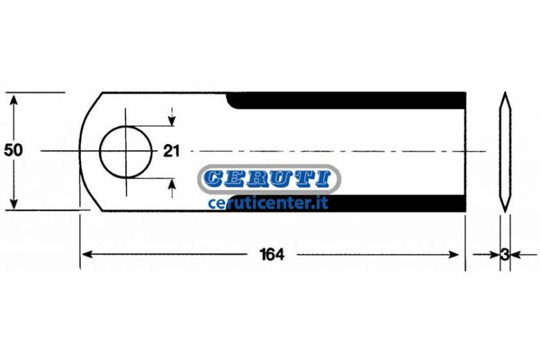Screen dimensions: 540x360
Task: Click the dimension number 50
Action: pyautogui.click(x=13, y=150)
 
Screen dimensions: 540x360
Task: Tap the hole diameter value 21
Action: pyautogui.click(x=171, y=151)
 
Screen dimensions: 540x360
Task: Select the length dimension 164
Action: pyautogui.click(x=272, y=255)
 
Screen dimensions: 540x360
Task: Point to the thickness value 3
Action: pyautogui.click(x=505, y=255)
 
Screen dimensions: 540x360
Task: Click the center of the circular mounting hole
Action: pyautogui.click(x=126, y=152)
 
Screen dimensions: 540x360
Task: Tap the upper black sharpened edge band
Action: pyautogui.click(x=346, y=100)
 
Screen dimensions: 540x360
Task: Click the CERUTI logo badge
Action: pyautogui.click(x=269, y=179)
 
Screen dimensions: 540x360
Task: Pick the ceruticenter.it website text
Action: pyautogui.click(x=268, y=203)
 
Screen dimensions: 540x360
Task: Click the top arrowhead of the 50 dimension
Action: pyautogui.click(x=13, y=100)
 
